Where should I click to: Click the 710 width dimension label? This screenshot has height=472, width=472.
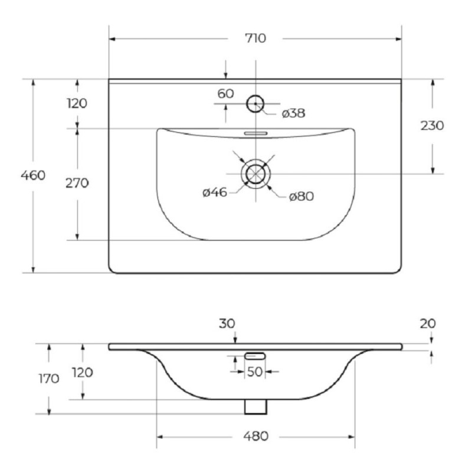[x=255, y=38]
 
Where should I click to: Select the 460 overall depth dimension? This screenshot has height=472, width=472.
[x=33, y=175]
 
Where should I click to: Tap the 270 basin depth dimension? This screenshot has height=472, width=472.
[x=77, y=183]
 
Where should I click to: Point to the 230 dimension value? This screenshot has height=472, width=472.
[x=432, y=126]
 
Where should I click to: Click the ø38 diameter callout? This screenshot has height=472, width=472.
[x=293, y=113]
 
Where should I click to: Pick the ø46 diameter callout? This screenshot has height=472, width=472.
[x=215, y=192]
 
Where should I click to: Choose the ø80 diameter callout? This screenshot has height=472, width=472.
[x=301, y=196]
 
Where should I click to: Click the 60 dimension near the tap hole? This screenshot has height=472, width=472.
[x=226, y=94]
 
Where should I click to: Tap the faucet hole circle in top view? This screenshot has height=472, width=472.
[x=255, y=95]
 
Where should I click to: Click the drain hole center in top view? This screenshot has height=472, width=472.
[x=255, y=174]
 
